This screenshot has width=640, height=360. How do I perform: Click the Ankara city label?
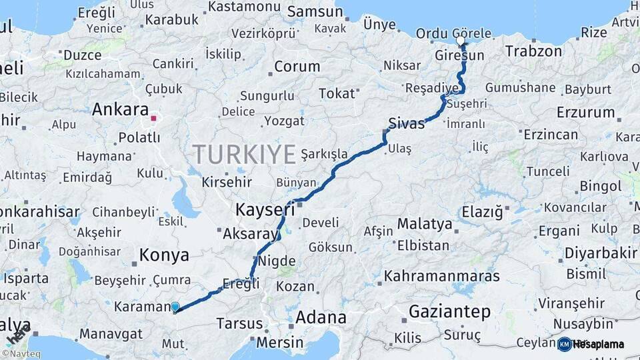coord(120,109)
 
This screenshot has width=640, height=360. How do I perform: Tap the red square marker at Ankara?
coord(154,119)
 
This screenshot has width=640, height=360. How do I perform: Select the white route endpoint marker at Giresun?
coord(460,41)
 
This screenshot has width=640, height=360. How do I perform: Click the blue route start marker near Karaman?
coord(175,307)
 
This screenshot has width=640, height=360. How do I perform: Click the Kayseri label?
coord(265,210)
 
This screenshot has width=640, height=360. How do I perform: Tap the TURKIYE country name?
coord(245,155)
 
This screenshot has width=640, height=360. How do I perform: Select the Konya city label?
coord(163,255)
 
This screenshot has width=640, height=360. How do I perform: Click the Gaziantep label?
coord(450,311)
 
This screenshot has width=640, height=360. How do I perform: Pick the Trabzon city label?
coord(533,51)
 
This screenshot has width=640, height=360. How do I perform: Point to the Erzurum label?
coord(585,112)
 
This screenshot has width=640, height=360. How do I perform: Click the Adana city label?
coord(321,317)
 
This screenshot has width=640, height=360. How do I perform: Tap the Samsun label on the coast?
coord(315,11)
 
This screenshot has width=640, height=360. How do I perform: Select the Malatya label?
coord(425,223)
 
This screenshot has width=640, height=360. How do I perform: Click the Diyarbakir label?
coord(601,253)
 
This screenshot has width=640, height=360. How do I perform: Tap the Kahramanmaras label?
coord(441,275)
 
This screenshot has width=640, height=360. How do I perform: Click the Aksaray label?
coord(249,234)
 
